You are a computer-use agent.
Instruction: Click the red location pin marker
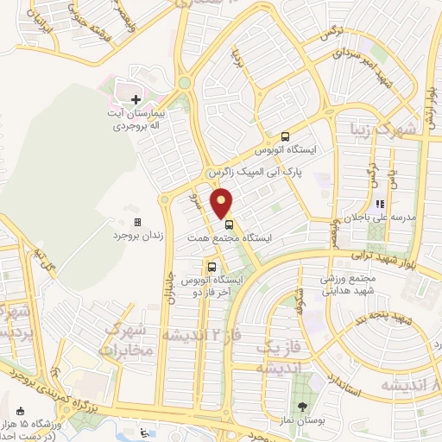click(x=222, y=202)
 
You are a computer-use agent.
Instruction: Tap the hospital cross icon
click(x=136, y=100)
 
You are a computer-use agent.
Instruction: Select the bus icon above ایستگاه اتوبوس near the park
click(x=285, y=136)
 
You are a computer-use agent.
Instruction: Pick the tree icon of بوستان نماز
click(x=301, y=406)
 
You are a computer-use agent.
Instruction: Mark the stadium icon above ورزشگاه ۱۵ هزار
click(x=21, y=411)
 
